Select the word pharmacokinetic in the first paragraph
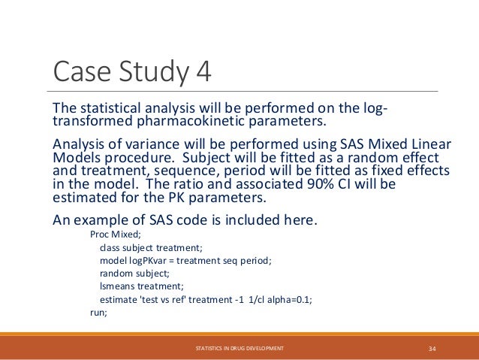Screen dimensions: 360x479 197,123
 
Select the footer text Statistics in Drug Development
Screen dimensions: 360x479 239,349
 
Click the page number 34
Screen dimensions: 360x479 432,349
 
